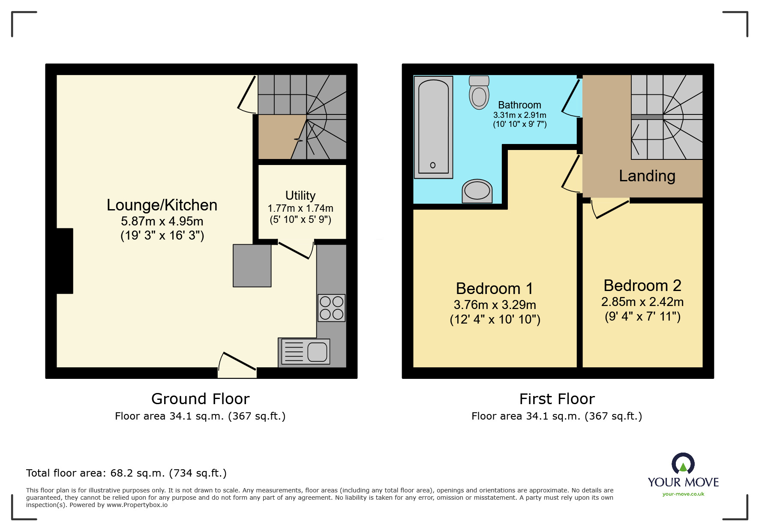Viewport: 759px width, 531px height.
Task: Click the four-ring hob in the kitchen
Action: click(331, 308)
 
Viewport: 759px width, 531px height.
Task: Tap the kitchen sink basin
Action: click(317, 352)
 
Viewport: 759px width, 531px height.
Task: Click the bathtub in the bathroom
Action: click(433, 127)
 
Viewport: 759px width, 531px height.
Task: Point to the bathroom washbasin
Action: click(477, 191)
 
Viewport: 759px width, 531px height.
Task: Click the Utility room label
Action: click(300, 195)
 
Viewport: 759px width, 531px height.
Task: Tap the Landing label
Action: click(647, 176)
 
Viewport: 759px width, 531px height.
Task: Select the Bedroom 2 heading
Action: click(642, 285)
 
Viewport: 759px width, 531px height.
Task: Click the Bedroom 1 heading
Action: click(495, 288)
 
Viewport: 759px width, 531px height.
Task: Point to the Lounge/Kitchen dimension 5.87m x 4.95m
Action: click(162, 221)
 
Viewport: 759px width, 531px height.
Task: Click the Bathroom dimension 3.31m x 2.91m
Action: click(519, 115)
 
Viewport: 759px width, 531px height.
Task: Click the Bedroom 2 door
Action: click(610, 209)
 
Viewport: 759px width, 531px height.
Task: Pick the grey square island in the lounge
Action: click(252, 266)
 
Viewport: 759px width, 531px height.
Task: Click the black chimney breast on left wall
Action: click(65, 261)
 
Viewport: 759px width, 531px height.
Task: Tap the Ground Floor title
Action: click(200, 399)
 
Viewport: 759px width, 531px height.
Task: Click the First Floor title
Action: click(557, 399)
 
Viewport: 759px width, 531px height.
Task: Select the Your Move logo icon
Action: click(683, 464)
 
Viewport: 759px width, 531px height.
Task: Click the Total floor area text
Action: click(126, 473)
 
